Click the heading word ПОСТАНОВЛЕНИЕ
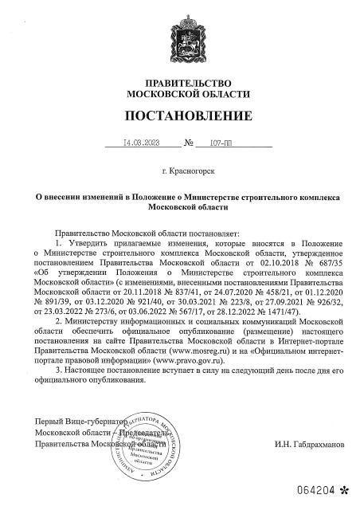(x=179, y=116)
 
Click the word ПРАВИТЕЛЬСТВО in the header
(x=179, y=83)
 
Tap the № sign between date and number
(x=189, y=145)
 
